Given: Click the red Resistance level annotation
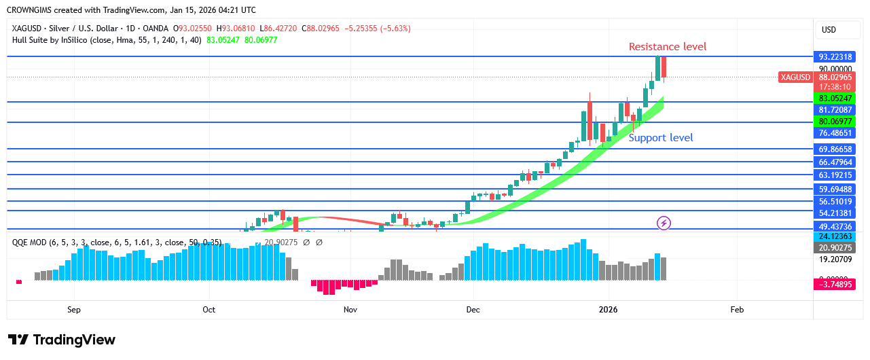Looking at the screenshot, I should pyautogui.click(x=667, y=47).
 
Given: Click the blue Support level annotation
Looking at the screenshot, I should pyautogui.click(x=660, y=138).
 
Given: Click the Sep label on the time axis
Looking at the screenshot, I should pyautogui.click(x=74, y=310).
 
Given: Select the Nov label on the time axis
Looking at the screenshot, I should pyautogui.click(x=350, y=310).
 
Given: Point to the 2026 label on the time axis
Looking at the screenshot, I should pyautogui.click(x=608, y=310).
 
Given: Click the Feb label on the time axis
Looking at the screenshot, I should pyautogui.click(x=737, y=310).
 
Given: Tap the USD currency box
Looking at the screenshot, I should pyautogui.click(x=829, y=30).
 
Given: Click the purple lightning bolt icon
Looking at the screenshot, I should pyautogui.click(x=664, y=223).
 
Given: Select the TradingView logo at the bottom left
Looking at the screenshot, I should pyautogui.click(x=62, y=340).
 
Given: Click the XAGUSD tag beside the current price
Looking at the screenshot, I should pyautogui.click(x=795, y=77).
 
